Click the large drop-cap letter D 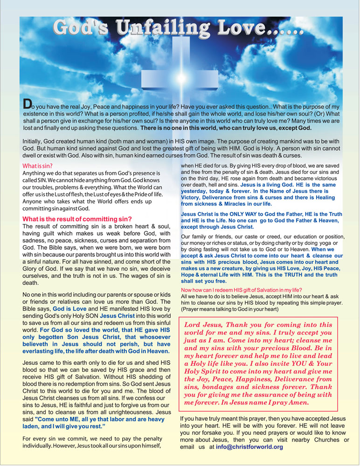(28, 104)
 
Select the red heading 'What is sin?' (38, 165)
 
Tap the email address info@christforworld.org (249, 447)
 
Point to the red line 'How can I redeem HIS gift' (241, 290)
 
